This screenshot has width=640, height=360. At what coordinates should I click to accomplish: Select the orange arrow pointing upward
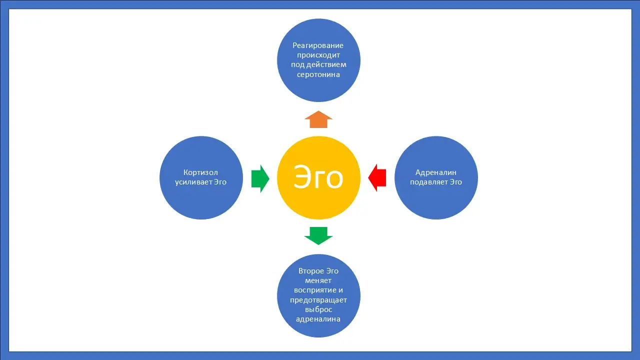[x=318, y=120]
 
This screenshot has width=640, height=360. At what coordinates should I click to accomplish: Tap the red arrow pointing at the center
[x=377, y=178]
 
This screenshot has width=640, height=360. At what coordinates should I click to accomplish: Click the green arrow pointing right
[x=260, y=178]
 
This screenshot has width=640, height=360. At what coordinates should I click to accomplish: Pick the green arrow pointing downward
[x=318, y=235]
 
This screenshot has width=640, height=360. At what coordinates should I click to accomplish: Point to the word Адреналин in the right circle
[x=436, y=172]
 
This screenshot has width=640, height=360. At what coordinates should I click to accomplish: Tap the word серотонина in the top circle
[x=318, y=74]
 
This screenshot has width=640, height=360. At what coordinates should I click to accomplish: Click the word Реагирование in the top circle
[x=318, y=45]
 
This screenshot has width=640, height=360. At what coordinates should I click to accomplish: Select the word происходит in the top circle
[x=318, y=55]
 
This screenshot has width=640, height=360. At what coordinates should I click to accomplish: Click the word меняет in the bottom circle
[x=318, y=280]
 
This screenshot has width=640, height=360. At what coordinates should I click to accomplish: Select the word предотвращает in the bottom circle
[x=318, y=300]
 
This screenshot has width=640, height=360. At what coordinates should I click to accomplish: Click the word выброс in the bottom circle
[x=318, y=309]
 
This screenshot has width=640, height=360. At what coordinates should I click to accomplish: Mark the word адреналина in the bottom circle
[x=318, y=319]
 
